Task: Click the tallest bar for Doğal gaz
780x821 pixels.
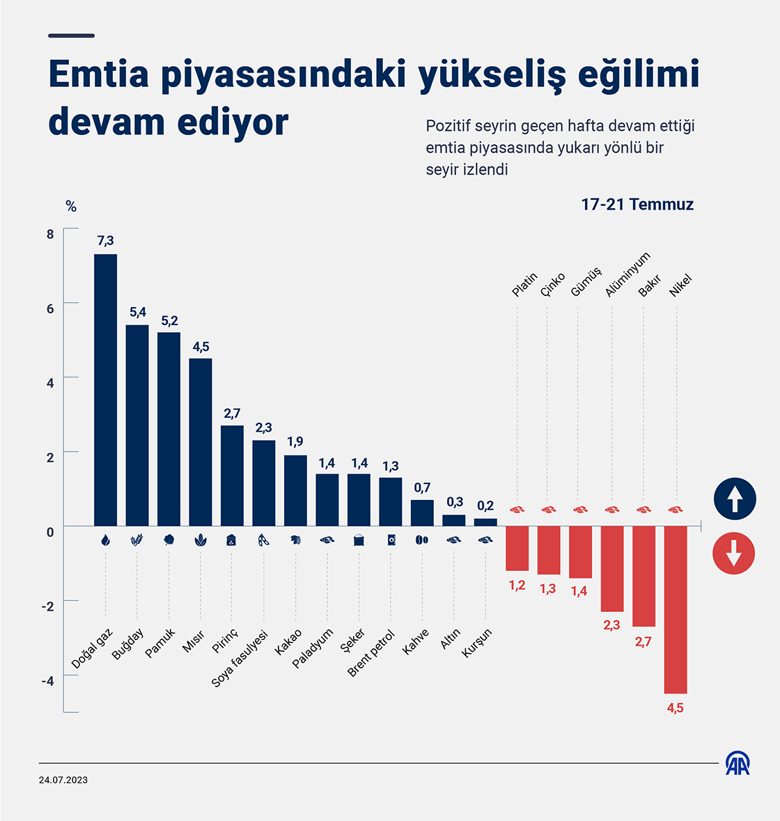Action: pos(105,390)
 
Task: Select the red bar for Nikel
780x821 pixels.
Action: pos(675,609)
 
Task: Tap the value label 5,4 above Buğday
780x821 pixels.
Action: pos(137,312)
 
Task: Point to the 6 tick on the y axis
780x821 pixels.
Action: pos(50,308)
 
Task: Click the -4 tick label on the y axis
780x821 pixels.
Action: pos(47,680)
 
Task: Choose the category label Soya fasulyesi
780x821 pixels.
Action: pos(240,658)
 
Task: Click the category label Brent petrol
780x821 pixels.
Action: pos(371,652)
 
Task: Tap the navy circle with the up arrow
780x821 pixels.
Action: pos(735,499)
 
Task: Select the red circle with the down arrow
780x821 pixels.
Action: pos(734,554)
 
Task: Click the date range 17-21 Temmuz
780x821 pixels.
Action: pos(637,204)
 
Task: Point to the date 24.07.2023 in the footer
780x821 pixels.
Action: pos(63,780)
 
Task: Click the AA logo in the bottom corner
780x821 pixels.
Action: pos(738,763)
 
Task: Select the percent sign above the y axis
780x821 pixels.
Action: pos(70,206)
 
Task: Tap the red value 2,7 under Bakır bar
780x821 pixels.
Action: pos(643,642)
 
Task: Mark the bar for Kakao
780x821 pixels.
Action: pos(295,490)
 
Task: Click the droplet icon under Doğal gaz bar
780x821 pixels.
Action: pos(105,540)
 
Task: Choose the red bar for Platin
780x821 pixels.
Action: pos(517,548)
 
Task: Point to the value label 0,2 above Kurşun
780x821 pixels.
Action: pos(485,506)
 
